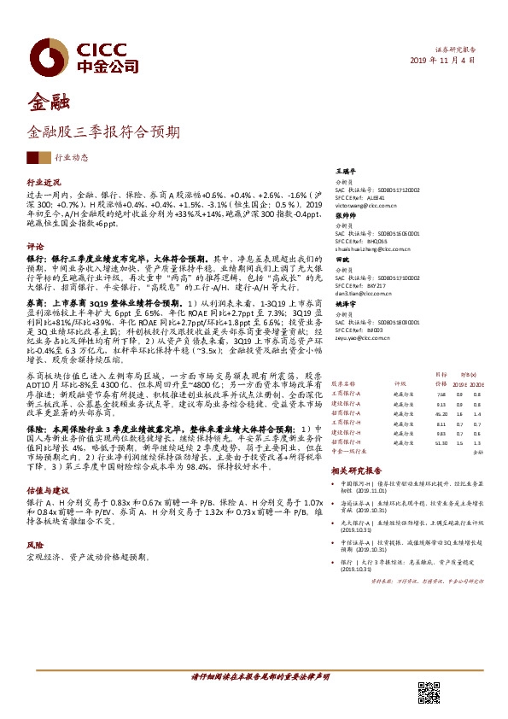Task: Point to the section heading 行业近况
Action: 44,183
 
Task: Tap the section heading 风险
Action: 35,543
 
